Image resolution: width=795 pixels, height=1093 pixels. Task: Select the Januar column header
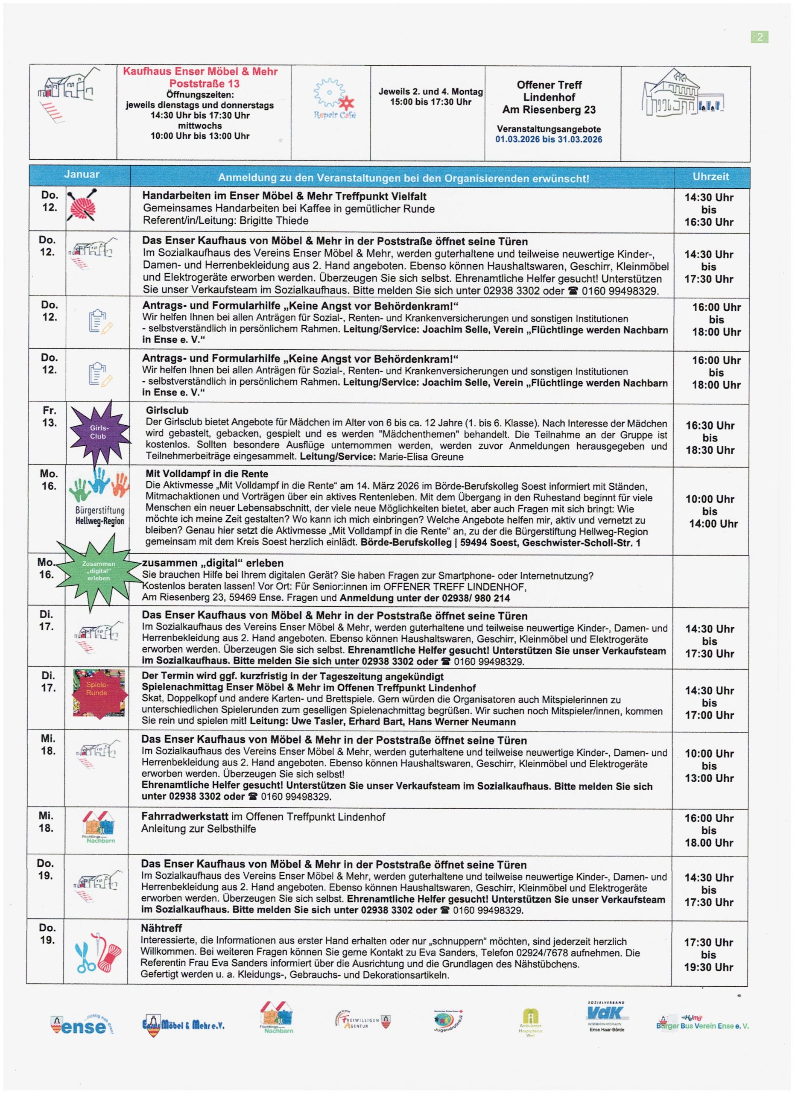pyautogui.click(x=82, y=175)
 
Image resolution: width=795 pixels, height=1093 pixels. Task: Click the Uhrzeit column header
pyautogui.click(x=711, y=176)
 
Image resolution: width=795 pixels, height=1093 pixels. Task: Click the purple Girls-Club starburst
pyautogui.click(x=99, y=432)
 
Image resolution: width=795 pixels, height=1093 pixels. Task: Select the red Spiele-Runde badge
pyautogui.click(x=99, y=693)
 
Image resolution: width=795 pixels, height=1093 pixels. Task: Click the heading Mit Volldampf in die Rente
pyautogui.click(x=207, y=474)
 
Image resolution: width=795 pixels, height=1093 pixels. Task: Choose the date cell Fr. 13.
pyautogui.click(x=49, y=417)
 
